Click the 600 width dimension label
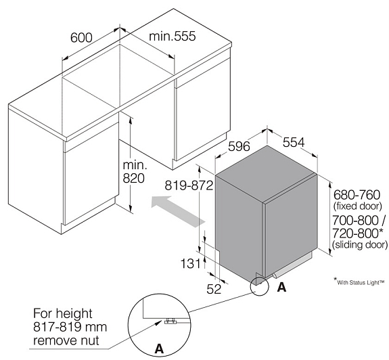(x=81, y=38)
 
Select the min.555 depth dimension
(x=172, y=37)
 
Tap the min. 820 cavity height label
(x=134, y=172)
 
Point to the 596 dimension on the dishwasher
(x=239, y=146)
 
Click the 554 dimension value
(x=294, y=143)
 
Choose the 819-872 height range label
(x=189, y=185)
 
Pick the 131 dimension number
(x=190, y=263)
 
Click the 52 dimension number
(x=214, y=289)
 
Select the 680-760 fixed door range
(x=357, y=195)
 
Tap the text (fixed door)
(x=357, y=206)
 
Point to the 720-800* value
(x=358, y=233)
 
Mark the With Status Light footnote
(x=359, y=282)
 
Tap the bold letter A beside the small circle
(x=281, y=288)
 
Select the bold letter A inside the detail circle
(x=159, y=349)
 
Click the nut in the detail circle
(x=171, y=321)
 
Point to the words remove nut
(x=66, y=340)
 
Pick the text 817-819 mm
(x=70, y=327)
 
